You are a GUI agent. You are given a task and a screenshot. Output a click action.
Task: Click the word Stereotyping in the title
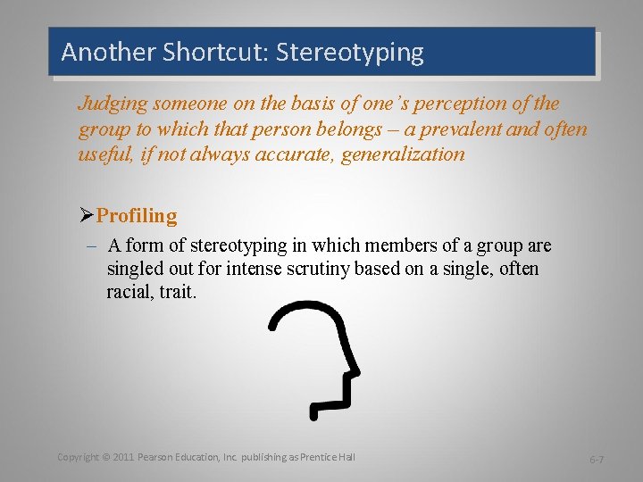pyautogui.click(x=350, y=53)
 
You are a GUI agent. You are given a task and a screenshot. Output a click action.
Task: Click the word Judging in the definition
pyautogui.click(x=111, y=103)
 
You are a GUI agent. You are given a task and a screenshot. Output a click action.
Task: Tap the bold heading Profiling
pyautogui.click(x=137, y=216)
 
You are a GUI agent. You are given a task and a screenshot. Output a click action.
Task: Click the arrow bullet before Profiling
pyautogui.click(x=86, y=216)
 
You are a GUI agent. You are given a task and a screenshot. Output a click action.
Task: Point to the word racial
pyautogui.click(x=131, y=292)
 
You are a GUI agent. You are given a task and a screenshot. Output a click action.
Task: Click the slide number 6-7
pyautogui.click(x=596, y=459)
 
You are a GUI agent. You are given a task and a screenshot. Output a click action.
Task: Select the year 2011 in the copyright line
pyautogui.click(x=124, y=457)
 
